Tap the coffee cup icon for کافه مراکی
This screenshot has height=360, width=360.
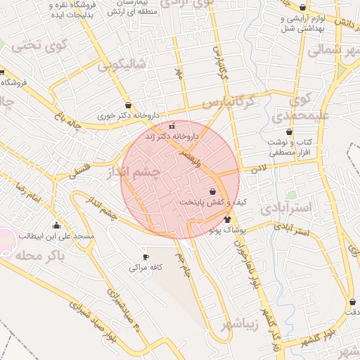[146, 257]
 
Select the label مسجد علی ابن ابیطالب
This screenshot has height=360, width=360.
[57, 236]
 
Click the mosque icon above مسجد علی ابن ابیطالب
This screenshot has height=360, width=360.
[57, 225]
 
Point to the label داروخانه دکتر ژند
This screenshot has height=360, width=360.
[172, 136]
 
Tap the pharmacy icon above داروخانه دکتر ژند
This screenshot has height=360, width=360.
[172, 126]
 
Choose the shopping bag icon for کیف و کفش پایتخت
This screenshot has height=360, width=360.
[213, 191]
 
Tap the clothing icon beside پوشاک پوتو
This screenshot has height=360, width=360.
[227, 219]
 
